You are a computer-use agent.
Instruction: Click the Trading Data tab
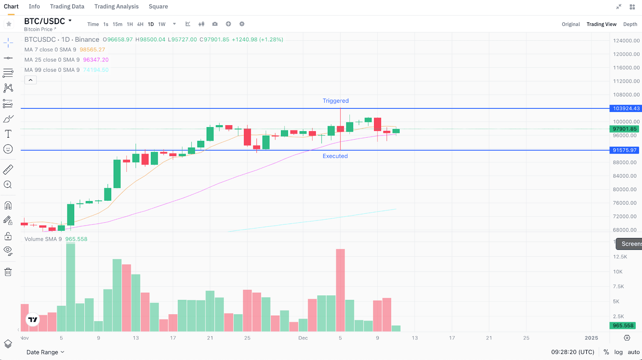tap(67, 6)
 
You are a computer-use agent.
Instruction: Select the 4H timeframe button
tap(140, 24)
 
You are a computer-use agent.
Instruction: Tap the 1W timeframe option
tap(162, 24)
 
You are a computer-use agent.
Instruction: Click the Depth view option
tap(630, 24)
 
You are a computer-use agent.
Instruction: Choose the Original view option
tap(571, 24)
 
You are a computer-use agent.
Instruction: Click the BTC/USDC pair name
tap(45, 21)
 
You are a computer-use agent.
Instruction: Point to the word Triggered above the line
tap(335, 101)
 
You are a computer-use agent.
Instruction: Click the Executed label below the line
tap(335, 156)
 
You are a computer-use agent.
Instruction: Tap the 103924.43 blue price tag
tap(626, 108)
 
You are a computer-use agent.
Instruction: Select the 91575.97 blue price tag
tap(624, 150)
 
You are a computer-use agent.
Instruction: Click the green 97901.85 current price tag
tap(624, 129)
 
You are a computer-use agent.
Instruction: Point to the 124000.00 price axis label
tap(626, 41)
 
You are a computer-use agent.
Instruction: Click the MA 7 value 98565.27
tap(92, 50)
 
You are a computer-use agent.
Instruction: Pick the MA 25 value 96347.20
tap(96, 60)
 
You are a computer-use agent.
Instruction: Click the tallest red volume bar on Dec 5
tap(340, 289)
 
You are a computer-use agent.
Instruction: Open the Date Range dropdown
tap(45, 352)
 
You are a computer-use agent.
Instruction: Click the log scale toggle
tap(618, 352)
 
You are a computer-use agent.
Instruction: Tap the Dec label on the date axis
tap(303, 338)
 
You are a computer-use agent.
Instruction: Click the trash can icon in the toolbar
tap(8, 272)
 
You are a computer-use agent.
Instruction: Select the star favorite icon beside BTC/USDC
tap(9, 24)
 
